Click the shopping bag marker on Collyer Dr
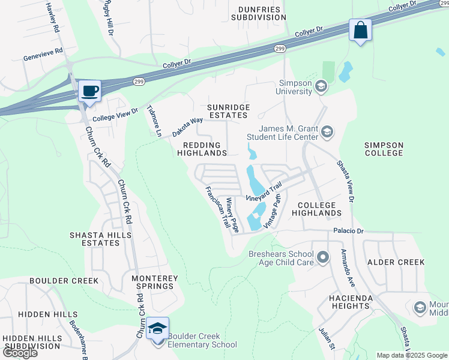[360, 30]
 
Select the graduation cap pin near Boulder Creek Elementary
[157, 329]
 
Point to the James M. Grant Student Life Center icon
[327, 132]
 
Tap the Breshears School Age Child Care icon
[324, 258]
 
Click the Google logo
[20, 353]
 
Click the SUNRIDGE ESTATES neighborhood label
[227, 111]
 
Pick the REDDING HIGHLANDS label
[202, 149]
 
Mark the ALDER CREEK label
[396, 262]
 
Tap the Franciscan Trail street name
[217, 207]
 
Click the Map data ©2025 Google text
[411, 355]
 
